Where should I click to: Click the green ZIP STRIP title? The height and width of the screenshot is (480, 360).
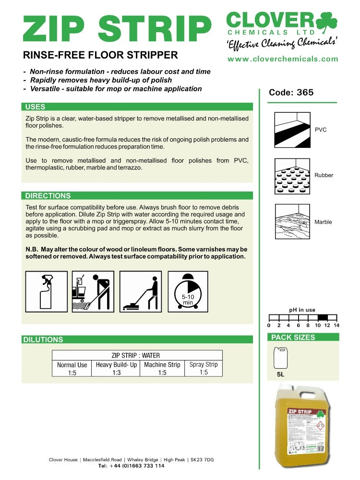point(117,28)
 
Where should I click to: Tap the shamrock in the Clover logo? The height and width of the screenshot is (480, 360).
point(326,23)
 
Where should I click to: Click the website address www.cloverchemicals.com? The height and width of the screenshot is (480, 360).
point(283,59)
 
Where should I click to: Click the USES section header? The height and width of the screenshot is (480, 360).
point(36,107)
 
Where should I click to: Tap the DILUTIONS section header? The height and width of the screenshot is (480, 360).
point(43,340)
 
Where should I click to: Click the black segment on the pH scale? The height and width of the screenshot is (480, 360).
point(323,317)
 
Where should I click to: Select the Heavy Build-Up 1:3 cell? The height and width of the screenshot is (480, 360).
point(117,369)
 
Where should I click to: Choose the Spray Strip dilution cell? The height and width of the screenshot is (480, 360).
point(204,368)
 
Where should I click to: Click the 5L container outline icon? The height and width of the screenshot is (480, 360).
point(280,358)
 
